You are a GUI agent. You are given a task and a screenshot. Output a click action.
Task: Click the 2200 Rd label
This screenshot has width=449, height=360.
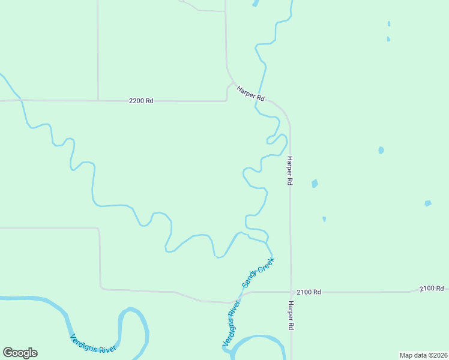tap(141, 101)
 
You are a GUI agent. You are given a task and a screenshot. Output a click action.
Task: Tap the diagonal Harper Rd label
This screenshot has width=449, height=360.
tap(250, 92)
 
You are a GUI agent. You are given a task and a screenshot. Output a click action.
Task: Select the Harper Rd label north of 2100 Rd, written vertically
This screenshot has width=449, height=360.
tap(289, 170)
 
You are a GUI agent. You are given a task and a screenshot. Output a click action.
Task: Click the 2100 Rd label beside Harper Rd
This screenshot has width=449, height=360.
tap(309, 292)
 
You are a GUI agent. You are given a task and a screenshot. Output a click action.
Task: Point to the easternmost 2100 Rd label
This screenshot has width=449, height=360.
tap(432, 289)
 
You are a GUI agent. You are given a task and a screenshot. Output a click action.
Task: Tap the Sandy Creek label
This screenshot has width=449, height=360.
tap(258, 271)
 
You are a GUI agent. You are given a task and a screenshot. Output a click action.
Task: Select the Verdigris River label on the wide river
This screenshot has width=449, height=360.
tap(92, 343)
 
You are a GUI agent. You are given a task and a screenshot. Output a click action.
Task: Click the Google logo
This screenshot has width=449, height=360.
tap(20, 353)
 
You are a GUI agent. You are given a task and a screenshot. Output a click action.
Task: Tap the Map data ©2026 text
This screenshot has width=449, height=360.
tap(423, 355)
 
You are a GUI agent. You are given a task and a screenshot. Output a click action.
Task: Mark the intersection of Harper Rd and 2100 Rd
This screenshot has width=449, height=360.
tap(291, 293)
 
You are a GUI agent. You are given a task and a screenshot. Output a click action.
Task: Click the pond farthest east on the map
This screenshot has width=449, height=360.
tap(427, 203)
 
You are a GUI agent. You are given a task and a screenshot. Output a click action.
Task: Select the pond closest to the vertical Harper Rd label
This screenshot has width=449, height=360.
tap(315, 184)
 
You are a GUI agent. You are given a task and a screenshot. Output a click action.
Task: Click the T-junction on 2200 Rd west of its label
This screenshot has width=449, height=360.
tap(98, 100)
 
